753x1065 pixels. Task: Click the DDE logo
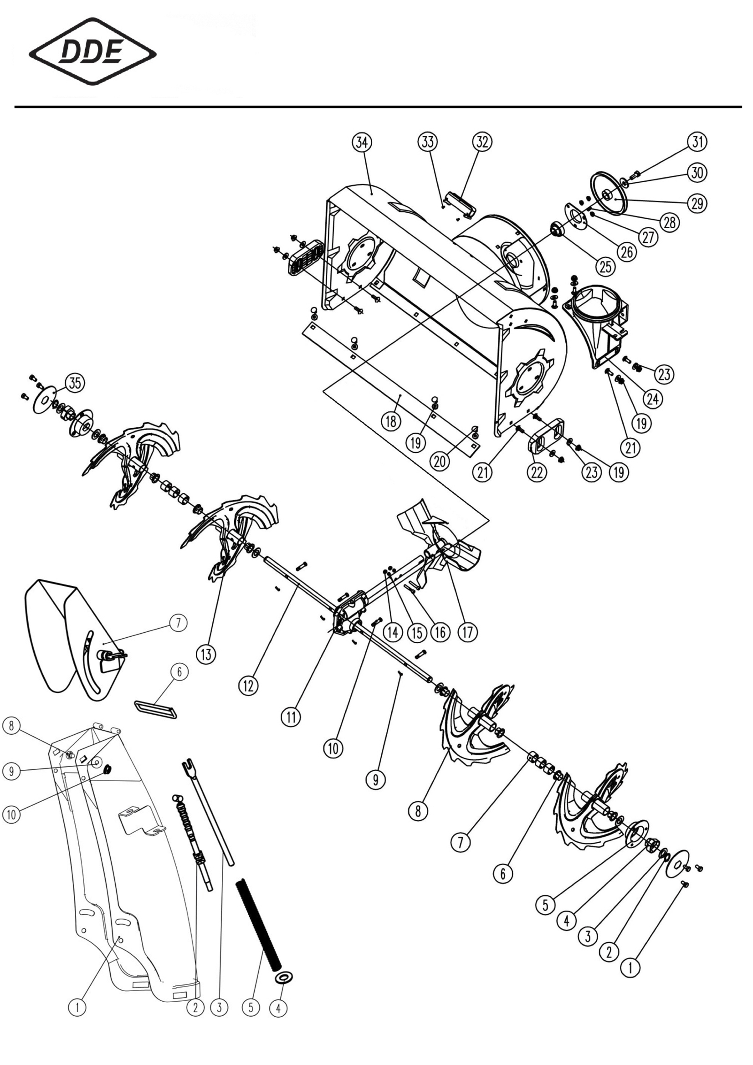coord(93,51)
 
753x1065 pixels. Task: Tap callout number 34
coord(362,143)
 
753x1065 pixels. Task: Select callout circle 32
coord(482,143)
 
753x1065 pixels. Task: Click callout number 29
coord(697,203)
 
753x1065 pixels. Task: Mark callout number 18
coord(391,421)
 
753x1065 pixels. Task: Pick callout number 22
coord(537,472)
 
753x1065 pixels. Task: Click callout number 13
coord(206,654)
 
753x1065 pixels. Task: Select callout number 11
coord(291,717)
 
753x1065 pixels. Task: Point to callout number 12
coord(248,685)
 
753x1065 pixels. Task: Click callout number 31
coord(697,143)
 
